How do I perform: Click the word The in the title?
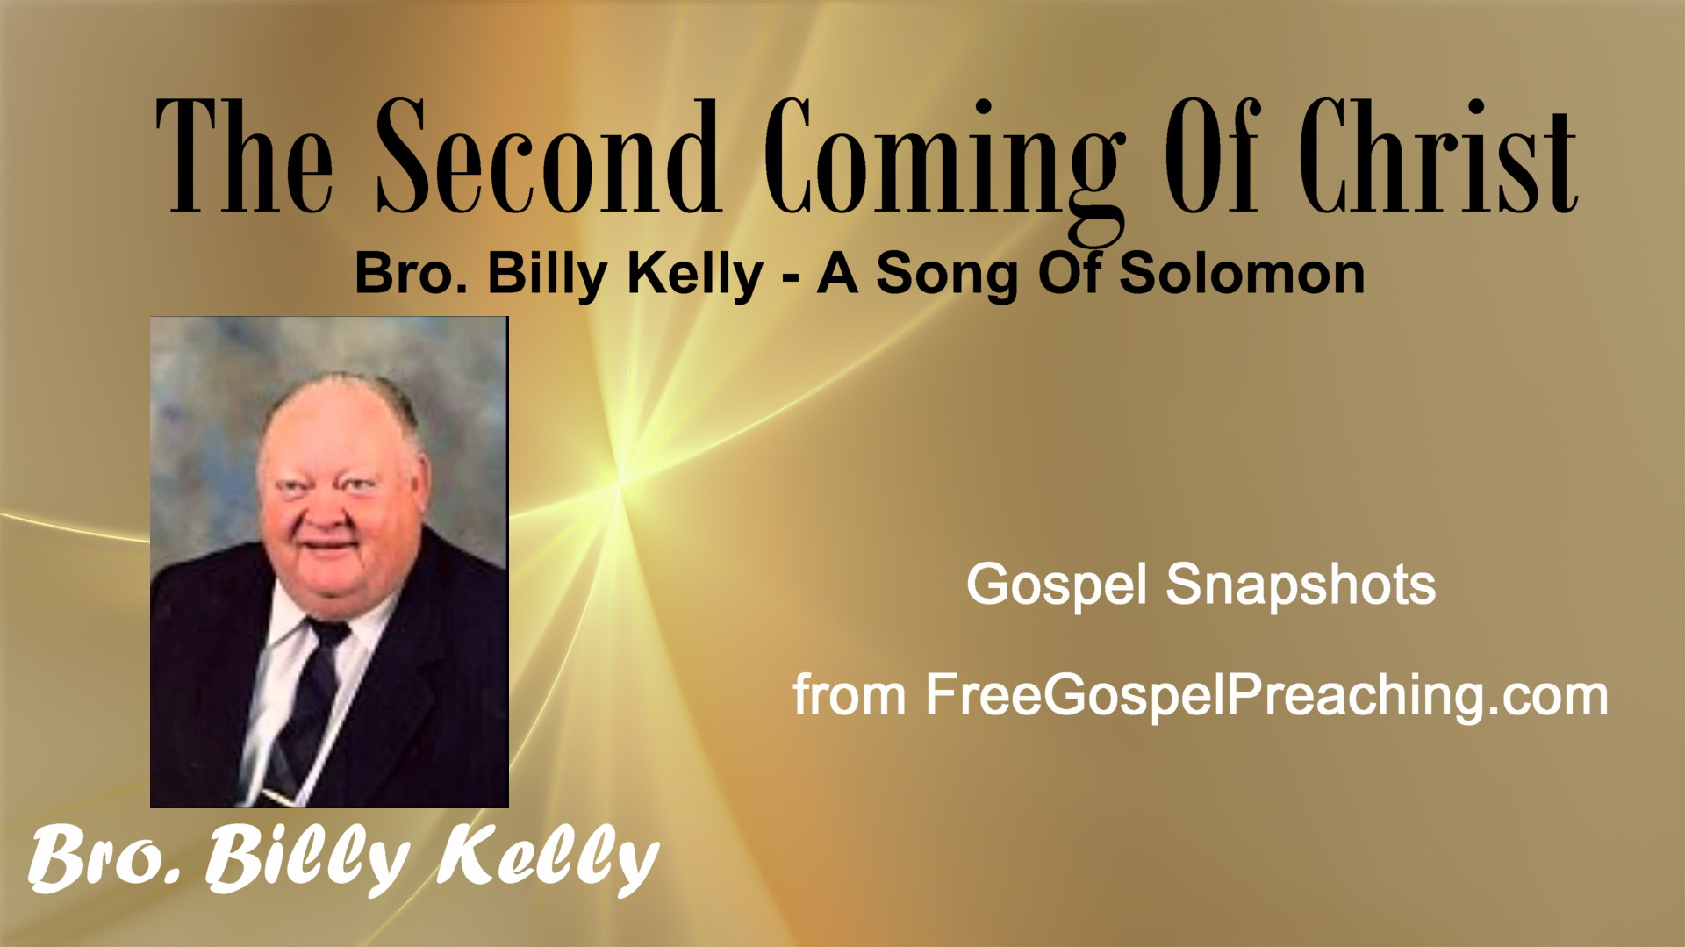(244, 155)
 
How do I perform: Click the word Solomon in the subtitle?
(1242, 273)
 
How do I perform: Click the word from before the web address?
(849, 695)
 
